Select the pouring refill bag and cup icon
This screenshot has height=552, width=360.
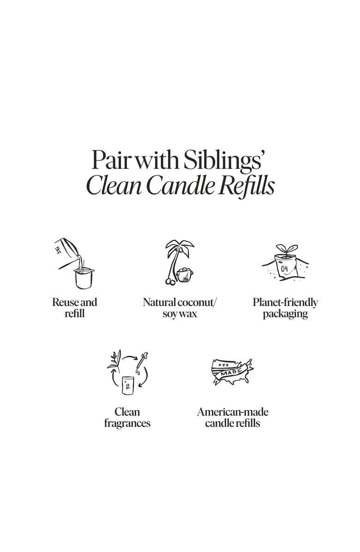pos(75,263)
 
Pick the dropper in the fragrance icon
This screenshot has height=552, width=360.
pos(142,361)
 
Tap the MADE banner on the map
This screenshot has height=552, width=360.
pos(232,372)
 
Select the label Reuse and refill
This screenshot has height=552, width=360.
pos(75,308)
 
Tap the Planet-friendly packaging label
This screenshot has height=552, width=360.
pos(285,308)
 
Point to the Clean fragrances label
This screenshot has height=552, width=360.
pos(127,418)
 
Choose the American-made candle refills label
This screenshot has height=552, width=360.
pos(233,418)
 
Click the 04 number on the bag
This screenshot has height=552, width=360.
pos(284,270)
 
